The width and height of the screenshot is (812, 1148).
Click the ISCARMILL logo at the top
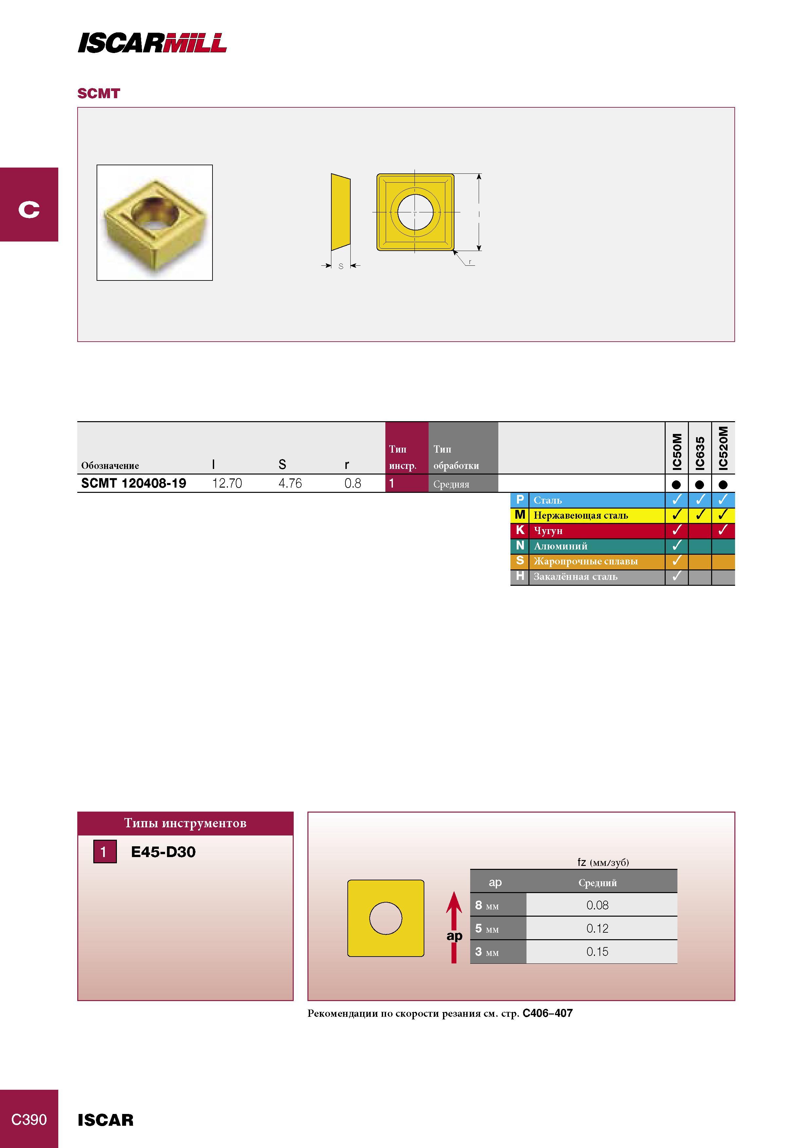(152, 43)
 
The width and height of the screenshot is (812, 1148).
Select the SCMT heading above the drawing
(99, 94)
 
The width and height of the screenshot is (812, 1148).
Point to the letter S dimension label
(341, 266)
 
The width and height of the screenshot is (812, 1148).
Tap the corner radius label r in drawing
(470, 261)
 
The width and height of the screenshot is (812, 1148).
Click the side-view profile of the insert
(341, 212)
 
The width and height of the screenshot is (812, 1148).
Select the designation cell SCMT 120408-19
(134, 483)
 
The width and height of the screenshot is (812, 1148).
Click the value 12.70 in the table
(227, 483)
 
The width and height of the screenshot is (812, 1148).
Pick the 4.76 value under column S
(290, 483)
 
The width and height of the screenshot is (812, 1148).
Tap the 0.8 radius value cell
(353, 483)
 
